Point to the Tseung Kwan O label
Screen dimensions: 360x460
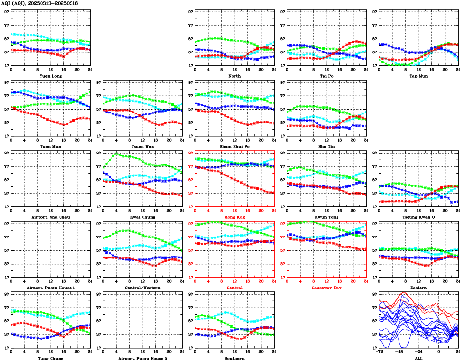tap(418, 217)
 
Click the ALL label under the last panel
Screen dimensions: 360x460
tap(418, 358)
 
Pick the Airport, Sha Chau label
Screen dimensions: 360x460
tap(51, 217)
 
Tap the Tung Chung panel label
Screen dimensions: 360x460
tap(51, 358)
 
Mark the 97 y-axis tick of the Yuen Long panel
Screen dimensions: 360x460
tap(6, 11)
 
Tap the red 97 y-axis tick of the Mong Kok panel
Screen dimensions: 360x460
tap(191, 153)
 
